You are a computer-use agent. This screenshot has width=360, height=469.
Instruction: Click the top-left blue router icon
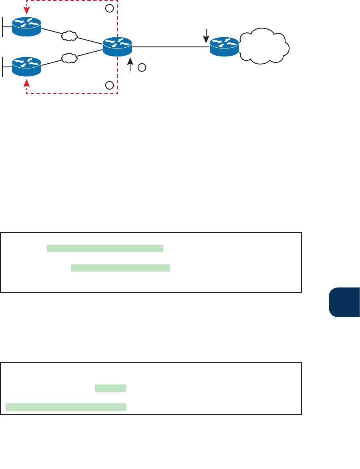[26, 27]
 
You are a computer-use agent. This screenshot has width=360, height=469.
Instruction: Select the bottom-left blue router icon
[26, 66]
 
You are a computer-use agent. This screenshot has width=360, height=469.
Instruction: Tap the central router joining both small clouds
[117, 46]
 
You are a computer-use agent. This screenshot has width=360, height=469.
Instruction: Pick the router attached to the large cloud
[225, 46]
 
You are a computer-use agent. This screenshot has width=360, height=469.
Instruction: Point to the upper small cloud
[69, 36]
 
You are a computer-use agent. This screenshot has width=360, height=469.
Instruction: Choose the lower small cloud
[69, 58]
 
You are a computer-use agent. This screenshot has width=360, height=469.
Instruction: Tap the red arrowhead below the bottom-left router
[26, 82]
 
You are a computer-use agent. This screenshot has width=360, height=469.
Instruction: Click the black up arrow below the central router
[131, 64]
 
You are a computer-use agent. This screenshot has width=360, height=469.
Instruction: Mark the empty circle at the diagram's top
[109, 8]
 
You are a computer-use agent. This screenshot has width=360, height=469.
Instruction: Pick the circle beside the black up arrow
[141, 68]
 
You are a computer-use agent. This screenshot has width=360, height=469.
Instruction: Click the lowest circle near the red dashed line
[109, 85]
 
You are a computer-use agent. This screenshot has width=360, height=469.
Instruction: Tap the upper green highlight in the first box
[105, 248]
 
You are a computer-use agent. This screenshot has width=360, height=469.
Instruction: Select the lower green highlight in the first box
[121, 268]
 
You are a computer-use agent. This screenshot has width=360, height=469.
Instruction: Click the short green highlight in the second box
[110, 388]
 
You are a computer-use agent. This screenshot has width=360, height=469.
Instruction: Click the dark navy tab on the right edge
[344, 302]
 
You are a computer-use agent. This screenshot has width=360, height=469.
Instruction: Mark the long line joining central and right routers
[171, 47]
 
